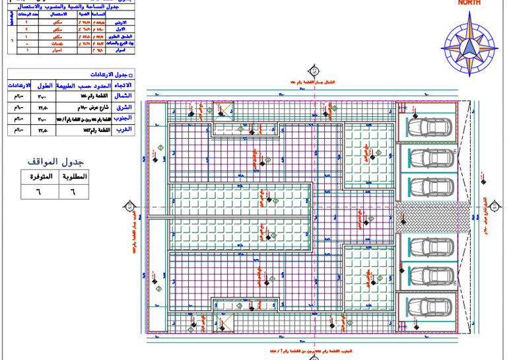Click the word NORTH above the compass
(x=469, y=3)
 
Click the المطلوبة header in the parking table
(x=73, y=177)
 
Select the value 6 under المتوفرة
(x=37, y=192)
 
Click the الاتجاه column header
(x=122, y=86)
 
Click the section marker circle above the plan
(x=314, y=71)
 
